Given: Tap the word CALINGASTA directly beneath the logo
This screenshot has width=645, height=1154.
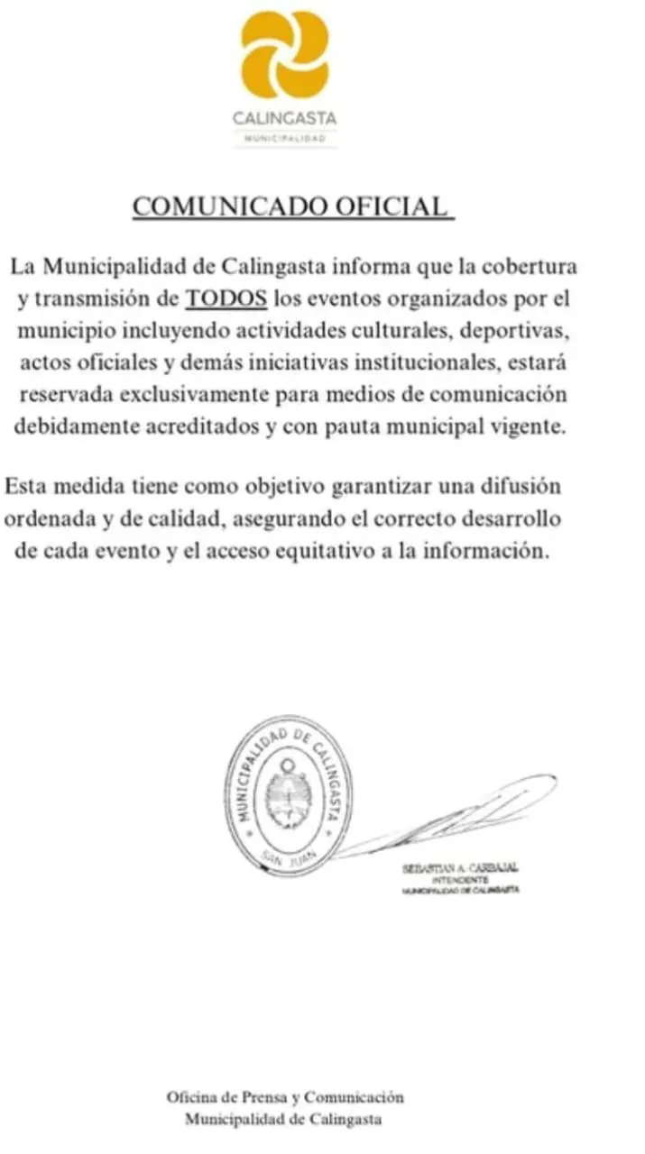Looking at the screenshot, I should [x=285, y=117].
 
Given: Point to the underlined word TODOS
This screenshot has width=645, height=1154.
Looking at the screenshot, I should [x=226, y=298].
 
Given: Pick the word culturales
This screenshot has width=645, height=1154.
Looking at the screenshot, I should [x=403, y=329].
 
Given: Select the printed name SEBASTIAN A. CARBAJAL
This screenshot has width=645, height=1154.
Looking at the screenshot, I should [x=461, y=868].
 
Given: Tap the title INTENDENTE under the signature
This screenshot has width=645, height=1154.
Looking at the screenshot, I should [x=461, y=879].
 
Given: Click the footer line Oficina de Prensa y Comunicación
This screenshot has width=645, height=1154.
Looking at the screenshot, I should [x=285, y=1097].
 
